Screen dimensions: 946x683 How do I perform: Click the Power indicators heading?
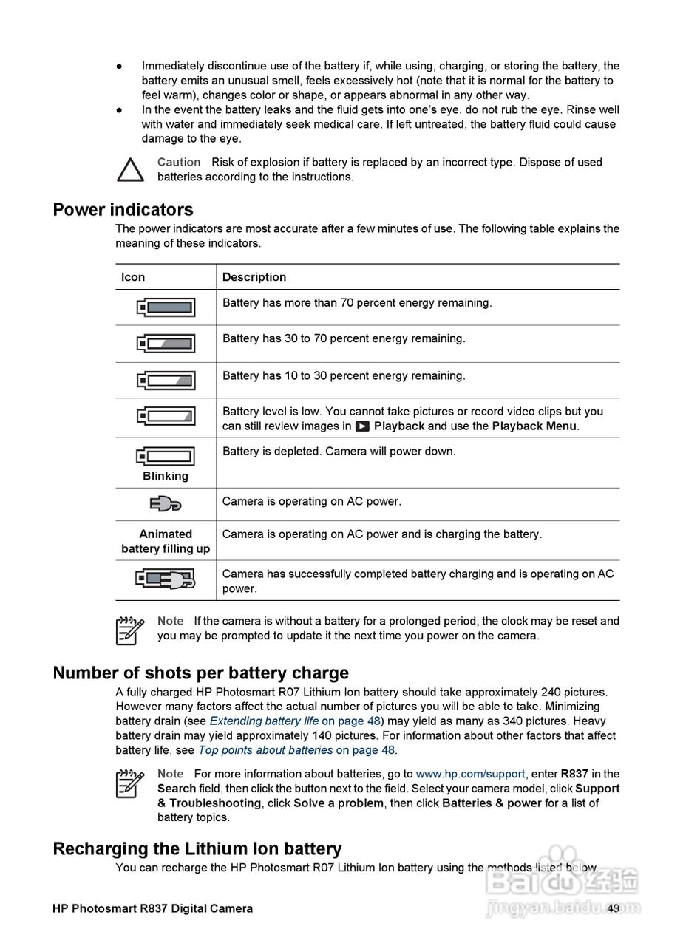[x=123, y=210]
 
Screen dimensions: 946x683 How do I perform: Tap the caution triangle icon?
[x=131, y=170]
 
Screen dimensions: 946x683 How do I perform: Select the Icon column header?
[x=133, y=277]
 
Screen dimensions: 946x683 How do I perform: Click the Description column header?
[x=254, y=277]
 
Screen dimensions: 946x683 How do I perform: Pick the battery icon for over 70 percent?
[x=166, y=307]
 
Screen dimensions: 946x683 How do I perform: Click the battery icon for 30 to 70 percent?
[x=166, y=344]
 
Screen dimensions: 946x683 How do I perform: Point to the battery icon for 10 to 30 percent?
[x=166, y=381]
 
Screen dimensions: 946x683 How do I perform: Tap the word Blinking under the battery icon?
[x=166, y=476]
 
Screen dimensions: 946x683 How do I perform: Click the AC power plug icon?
[x=166, y=504]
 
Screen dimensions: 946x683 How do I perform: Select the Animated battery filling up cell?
[x=166, y=541]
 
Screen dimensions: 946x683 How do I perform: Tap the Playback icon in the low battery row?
[x=362, y=426]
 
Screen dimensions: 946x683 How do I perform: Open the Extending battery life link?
[x=264, y=721]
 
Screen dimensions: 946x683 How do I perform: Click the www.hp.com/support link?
[x=470, y=775]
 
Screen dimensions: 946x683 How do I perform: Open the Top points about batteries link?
[x=265, y=750]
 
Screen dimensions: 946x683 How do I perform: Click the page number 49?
[x=613, y=909]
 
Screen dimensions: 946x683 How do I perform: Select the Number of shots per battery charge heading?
[x=200, y=673]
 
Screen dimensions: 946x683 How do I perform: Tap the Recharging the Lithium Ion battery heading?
[x=197, y=849]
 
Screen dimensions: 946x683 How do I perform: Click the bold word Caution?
[x=179, y=163]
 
